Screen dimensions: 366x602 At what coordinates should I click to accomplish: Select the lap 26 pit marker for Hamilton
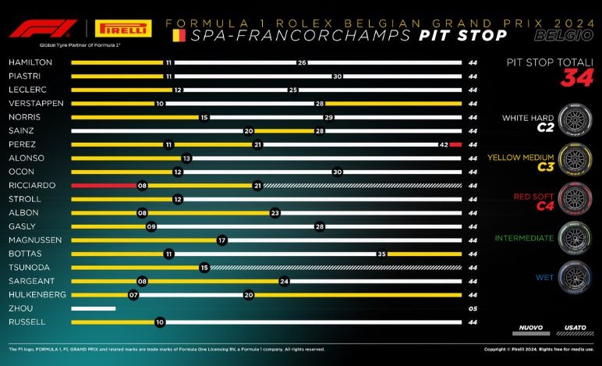[301, 62]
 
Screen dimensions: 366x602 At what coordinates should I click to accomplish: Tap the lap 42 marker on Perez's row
[442, 144]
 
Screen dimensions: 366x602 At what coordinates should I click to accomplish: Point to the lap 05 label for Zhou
[473, 308]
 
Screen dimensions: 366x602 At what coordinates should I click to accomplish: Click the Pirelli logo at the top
[122, 29]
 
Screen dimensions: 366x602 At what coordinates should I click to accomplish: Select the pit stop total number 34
[578, 78]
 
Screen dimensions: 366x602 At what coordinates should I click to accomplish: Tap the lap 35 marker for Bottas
[381, 254]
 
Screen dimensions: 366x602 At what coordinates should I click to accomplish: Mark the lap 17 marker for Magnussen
[222, 240]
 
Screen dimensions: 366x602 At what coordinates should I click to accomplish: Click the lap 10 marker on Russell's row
[159, 322]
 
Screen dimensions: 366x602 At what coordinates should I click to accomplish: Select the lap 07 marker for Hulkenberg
[133, 295]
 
